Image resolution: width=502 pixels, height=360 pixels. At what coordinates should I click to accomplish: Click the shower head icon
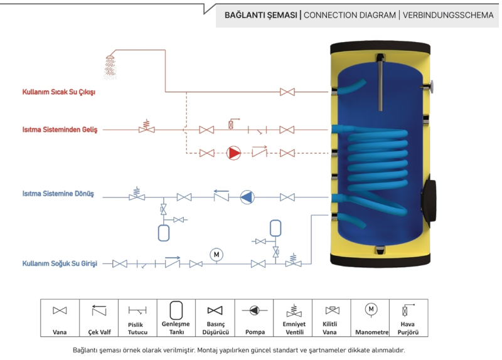(111, 65)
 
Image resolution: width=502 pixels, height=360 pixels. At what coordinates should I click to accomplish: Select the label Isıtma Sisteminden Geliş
(60, 130)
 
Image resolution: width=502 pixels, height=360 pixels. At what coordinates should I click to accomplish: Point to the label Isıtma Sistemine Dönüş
(58, 194)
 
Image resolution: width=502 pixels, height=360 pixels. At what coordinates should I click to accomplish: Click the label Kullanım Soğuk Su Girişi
(60, 264)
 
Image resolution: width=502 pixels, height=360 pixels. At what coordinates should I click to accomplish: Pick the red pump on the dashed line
(233, 152)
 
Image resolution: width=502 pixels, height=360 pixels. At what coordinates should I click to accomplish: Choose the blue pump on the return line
(247, 197)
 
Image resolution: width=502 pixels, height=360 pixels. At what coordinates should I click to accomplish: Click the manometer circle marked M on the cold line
(216, 254)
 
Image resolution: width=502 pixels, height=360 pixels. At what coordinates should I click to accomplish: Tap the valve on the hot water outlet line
(287, 92)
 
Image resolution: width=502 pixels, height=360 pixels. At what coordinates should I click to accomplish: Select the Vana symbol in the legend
(60, 310)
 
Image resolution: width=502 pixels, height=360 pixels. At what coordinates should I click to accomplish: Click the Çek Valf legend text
(99, 332)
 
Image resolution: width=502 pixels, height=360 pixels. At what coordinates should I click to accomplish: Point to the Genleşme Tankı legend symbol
(176, 309)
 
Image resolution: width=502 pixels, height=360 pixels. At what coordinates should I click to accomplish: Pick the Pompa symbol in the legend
(254, 310)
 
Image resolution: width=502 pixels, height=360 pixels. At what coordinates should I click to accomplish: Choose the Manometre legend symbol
(371, 309)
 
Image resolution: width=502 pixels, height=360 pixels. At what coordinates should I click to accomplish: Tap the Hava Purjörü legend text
(409, 328)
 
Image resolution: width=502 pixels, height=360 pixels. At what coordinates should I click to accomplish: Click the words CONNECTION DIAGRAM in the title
(349, 15)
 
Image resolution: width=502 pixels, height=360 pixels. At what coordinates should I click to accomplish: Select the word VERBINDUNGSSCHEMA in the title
(448, 15)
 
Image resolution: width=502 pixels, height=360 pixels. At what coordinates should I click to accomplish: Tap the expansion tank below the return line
(164, 231)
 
